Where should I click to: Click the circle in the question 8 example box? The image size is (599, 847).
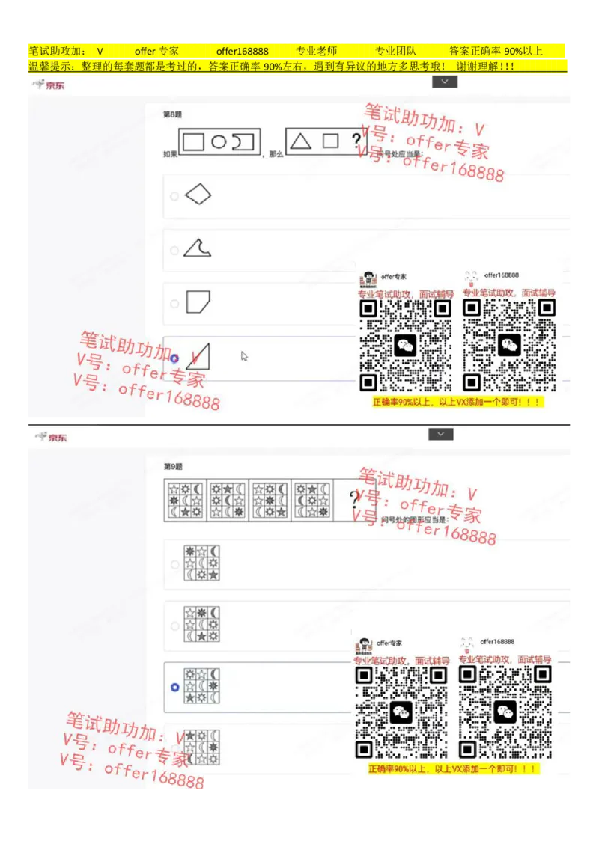pyautogui.click(x=218, y=141)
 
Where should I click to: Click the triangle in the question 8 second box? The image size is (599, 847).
pyautogui.click(x=300, y=141)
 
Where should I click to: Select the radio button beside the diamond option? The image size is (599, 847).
pyautogui.click(x=174, y=196)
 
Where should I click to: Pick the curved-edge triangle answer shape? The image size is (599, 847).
pyautogui.click(x=197, y=248)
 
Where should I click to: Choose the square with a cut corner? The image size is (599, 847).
pyautogui.click(x=198, y=302)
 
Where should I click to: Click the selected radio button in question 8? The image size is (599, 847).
pyautogui.click(x=174, y=358)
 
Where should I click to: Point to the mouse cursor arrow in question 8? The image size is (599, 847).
pyautogui.click(x=244, y=356)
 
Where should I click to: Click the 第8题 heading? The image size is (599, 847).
pyautogui.click(x=173, y=114)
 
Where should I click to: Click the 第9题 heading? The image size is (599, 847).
pyautogui.click(x=173, y=466)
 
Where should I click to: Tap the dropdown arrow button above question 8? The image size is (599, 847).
pyautogui.click(x=444, y=82)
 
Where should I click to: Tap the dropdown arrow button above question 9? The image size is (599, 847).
pyautogui.click(x=441, y=434)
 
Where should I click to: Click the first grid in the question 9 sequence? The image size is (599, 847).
pyautogui.click(x=184, y=501)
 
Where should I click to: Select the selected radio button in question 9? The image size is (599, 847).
pyautogui.click(x=174, y=687)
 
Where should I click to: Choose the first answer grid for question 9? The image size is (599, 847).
pyautogui.click(x=201, y=563)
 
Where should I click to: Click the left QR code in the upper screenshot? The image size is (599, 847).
pyautogui.click(x=404, y=345)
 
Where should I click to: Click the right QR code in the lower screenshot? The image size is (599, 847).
pyautogui.click(x=505, y=712)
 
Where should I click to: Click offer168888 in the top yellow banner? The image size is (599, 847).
pyautogui.click(x=242, y=51)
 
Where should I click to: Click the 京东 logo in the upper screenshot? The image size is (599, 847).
pyautogui.click(x=49, y=85)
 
